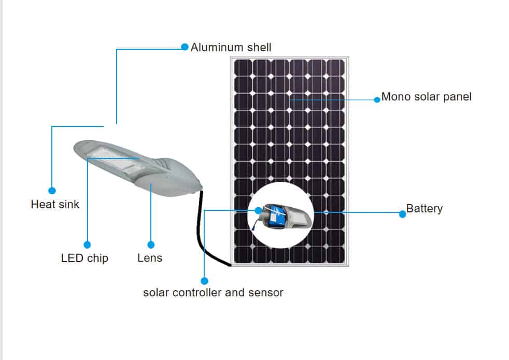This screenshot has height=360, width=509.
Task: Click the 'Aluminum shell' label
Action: click(231, 48)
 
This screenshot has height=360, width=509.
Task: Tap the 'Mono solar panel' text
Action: click(426, 97)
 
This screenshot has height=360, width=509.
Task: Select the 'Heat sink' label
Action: click(55, 205)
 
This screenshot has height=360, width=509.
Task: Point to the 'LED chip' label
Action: click(84, 258)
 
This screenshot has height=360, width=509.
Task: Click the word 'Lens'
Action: click(150, 258)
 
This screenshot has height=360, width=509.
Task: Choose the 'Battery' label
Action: click(424, 209)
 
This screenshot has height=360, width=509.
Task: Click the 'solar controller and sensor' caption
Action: click(213, 293)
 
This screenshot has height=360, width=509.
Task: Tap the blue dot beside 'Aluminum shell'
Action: click(185, 47)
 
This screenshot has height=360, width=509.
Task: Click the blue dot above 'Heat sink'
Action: click(52, 191)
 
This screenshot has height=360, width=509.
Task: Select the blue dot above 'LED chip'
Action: click(87, 244)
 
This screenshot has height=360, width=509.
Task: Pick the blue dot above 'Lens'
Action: click(151, 244)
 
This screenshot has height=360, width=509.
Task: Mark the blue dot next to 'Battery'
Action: click(402, 213)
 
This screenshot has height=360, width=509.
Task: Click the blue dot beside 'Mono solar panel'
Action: click(377, 99)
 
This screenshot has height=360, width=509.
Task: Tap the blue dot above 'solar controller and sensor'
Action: click(204, 280)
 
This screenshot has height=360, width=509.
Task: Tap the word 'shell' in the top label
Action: click(258, 48)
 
